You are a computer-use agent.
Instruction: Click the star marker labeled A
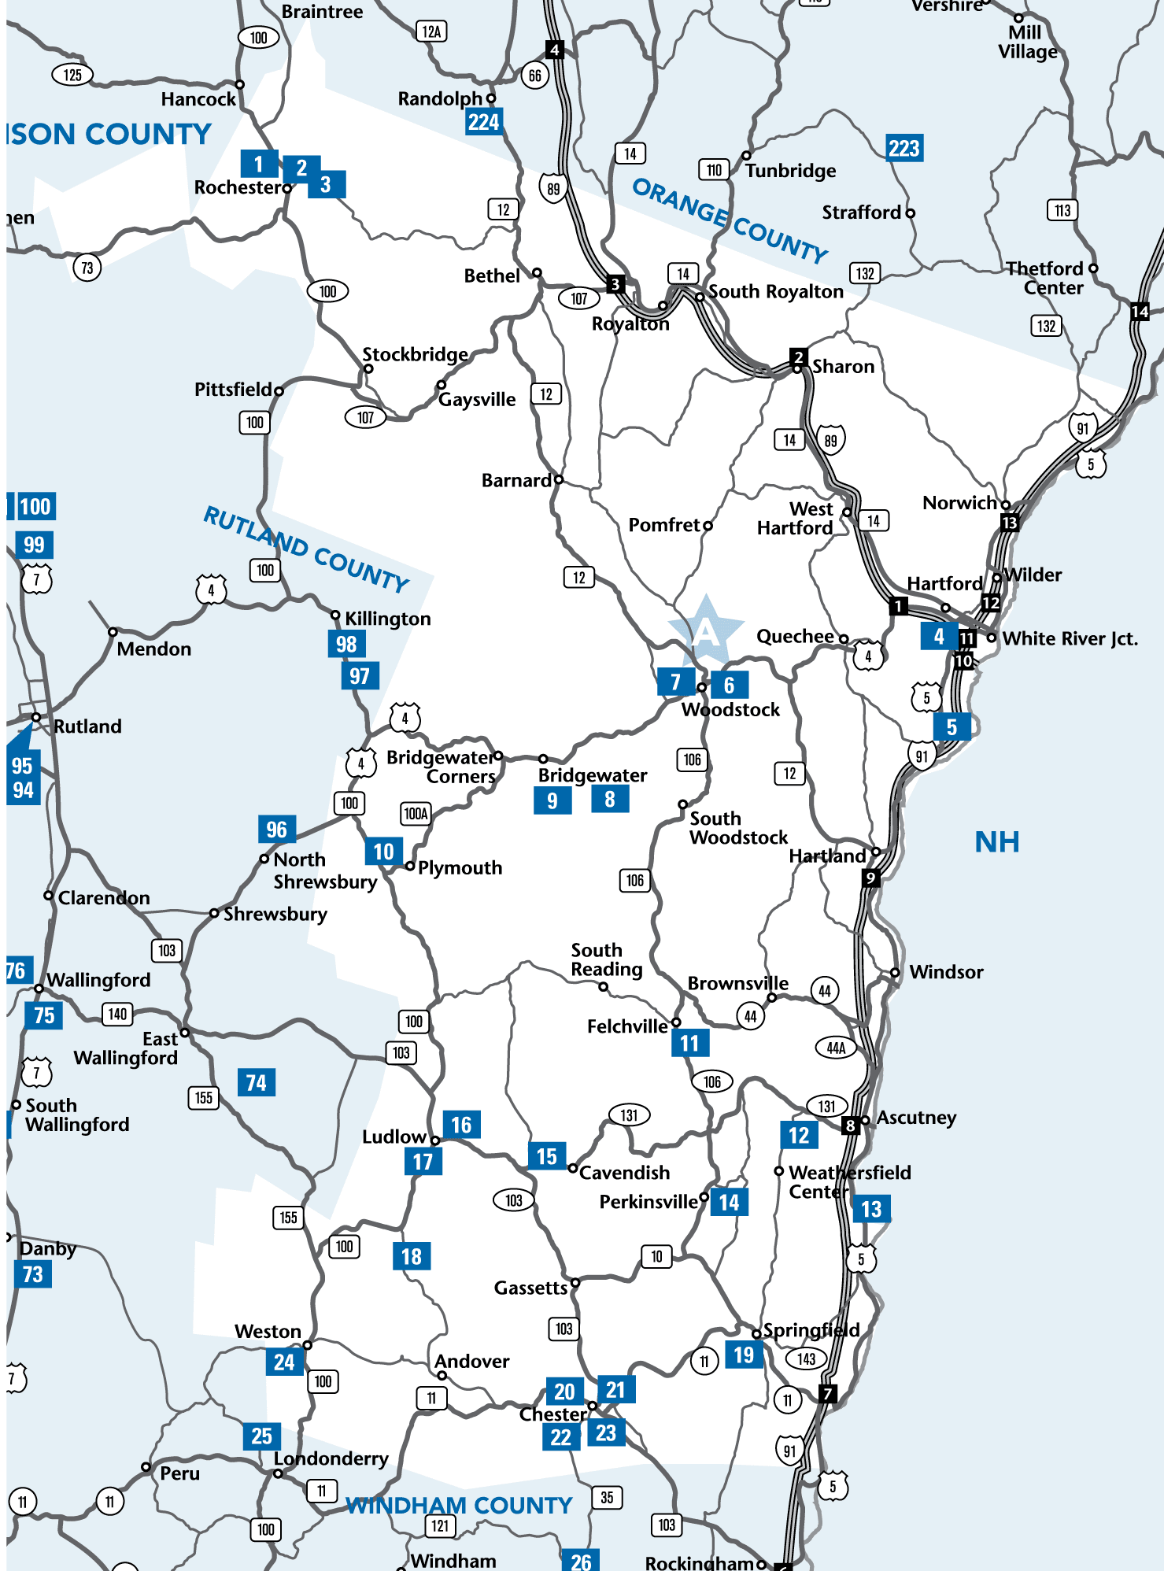(706, 630)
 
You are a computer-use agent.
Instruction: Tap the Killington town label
(387, 619)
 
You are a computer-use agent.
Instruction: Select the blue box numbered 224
(483, 122)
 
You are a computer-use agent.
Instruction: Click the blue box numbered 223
(903, 148)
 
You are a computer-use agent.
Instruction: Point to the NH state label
(996, 842)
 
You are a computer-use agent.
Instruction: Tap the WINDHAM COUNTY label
(460, 1505)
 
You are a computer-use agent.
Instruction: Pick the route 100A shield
(416, 813)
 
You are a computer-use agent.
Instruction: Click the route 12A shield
(431, 31)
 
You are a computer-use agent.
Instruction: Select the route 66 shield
(535, 76)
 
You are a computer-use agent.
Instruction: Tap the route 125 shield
(72, 75)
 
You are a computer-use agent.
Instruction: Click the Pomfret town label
(664, 525)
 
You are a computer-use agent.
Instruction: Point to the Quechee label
(795, 636)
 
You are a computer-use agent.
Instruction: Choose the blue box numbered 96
(276, 829)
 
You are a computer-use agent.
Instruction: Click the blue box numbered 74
(256, 1082)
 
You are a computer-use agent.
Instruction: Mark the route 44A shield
(836, 1048)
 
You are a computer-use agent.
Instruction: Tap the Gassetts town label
(530, 1288)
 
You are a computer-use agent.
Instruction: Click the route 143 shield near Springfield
(806, 1358)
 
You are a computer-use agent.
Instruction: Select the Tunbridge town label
(790, 171)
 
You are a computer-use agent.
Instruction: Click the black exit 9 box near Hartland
(870, 878)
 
